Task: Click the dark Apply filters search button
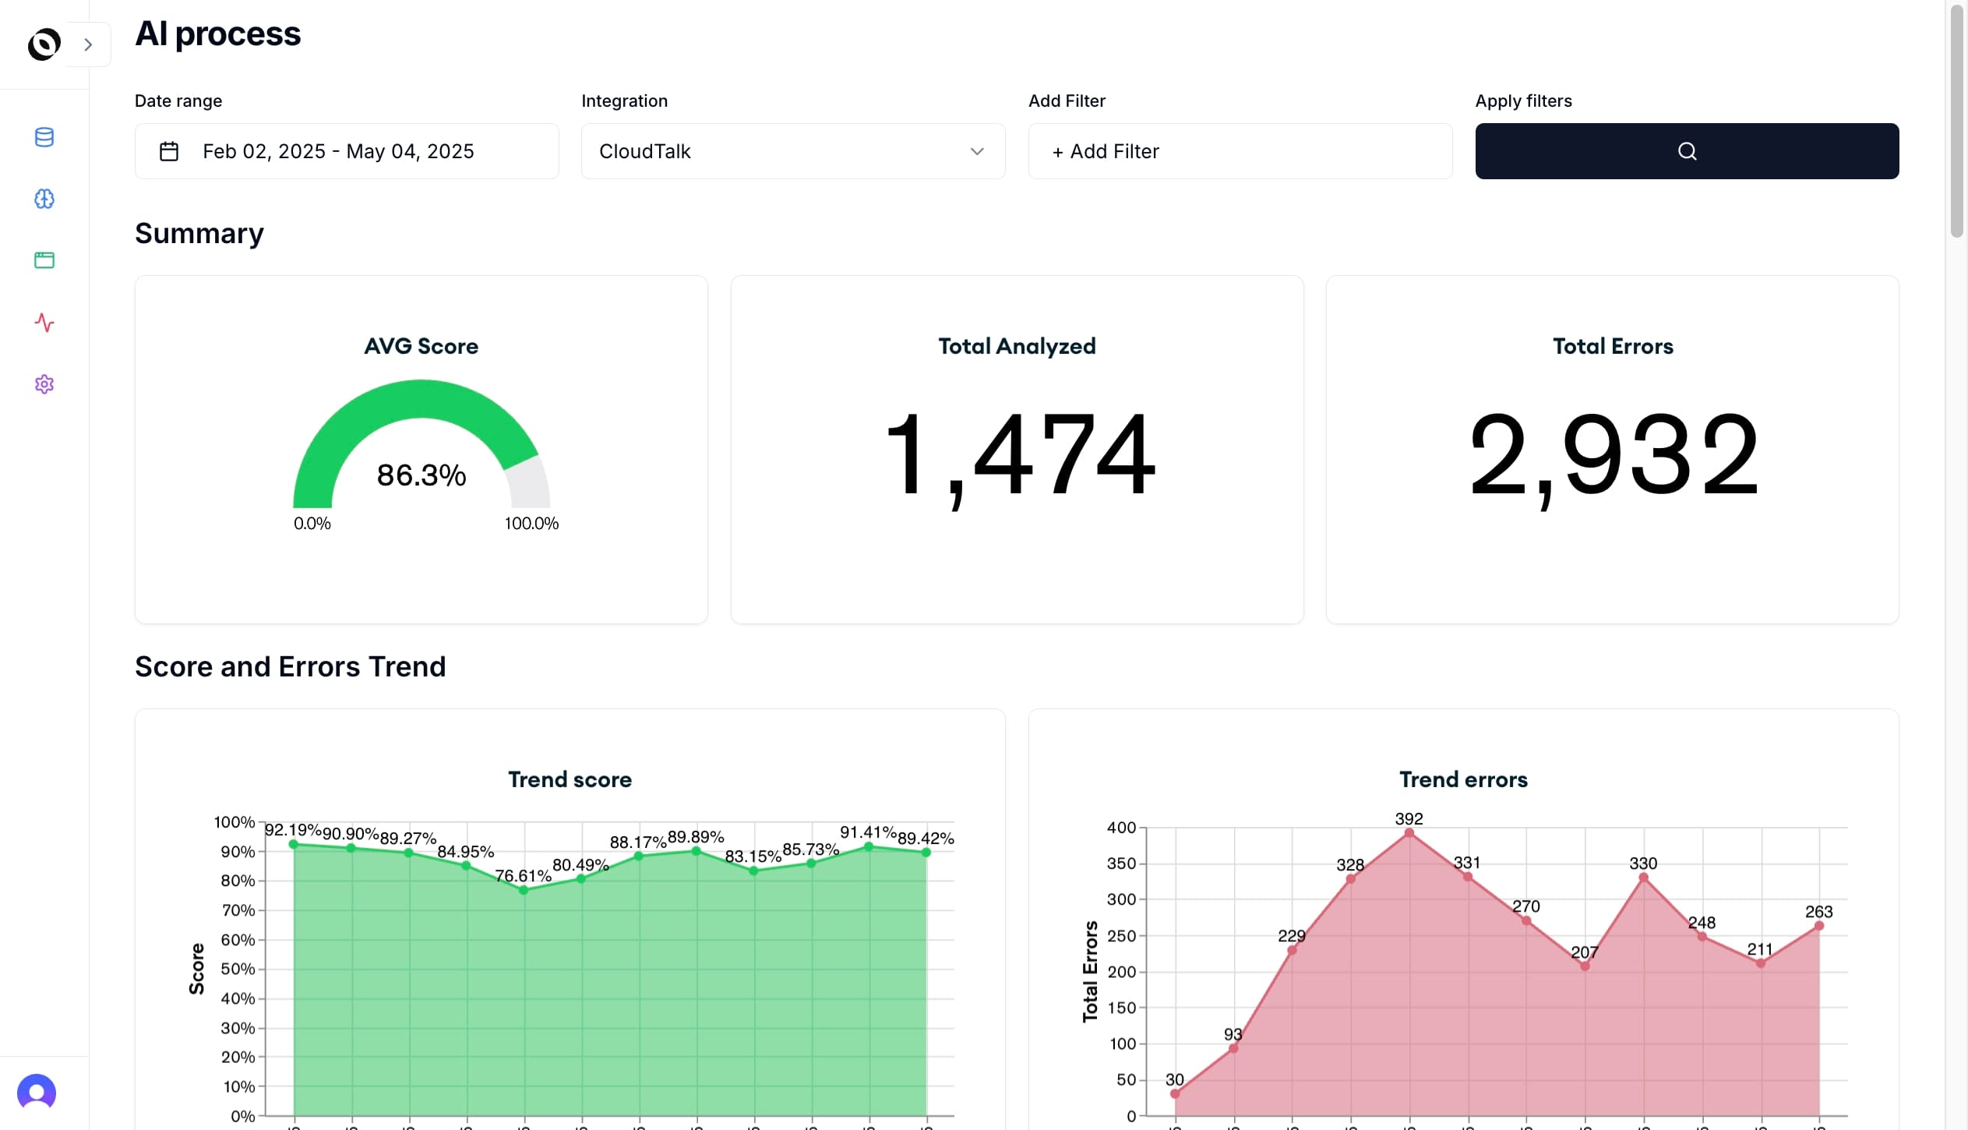pyautogui.click(x=1687, y=151)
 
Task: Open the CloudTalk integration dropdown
pyautogui.click(x=792, y=151)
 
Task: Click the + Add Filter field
pyautogui.click(x=1240, y=151)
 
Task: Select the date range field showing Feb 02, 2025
pyautogui.click(x=346, y=151)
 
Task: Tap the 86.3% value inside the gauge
pyautogui.click(x=421, y=475)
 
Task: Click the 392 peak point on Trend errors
pyautogui.click(x=1409, y=833)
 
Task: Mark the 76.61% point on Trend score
pyautogui.click(x=524, y=890)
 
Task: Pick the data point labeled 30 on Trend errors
pyautogui.click(x=1175, y=1093)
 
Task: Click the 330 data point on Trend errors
pyautogui.click(x=1643, y=878)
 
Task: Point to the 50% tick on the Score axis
pyautogui.click(x=238, y=969)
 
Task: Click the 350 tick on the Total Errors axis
pyautogui.click(x=1121, y=863)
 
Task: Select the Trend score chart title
pyautogui.click(x=570, y=779)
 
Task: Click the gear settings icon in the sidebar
pyautogui.click(x=44, y=384)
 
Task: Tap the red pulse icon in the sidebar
pyautogui.click(x=44, y=323)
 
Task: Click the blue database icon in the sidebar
pyautogui.click(x=44, y=137)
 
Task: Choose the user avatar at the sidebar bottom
pyautogui.click(x=37, y=1093)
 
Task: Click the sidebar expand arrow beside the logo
pyautogui.click(x=88, y=44)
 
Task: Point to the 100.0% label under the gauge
pyautogui.click(x=531, y=524)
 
